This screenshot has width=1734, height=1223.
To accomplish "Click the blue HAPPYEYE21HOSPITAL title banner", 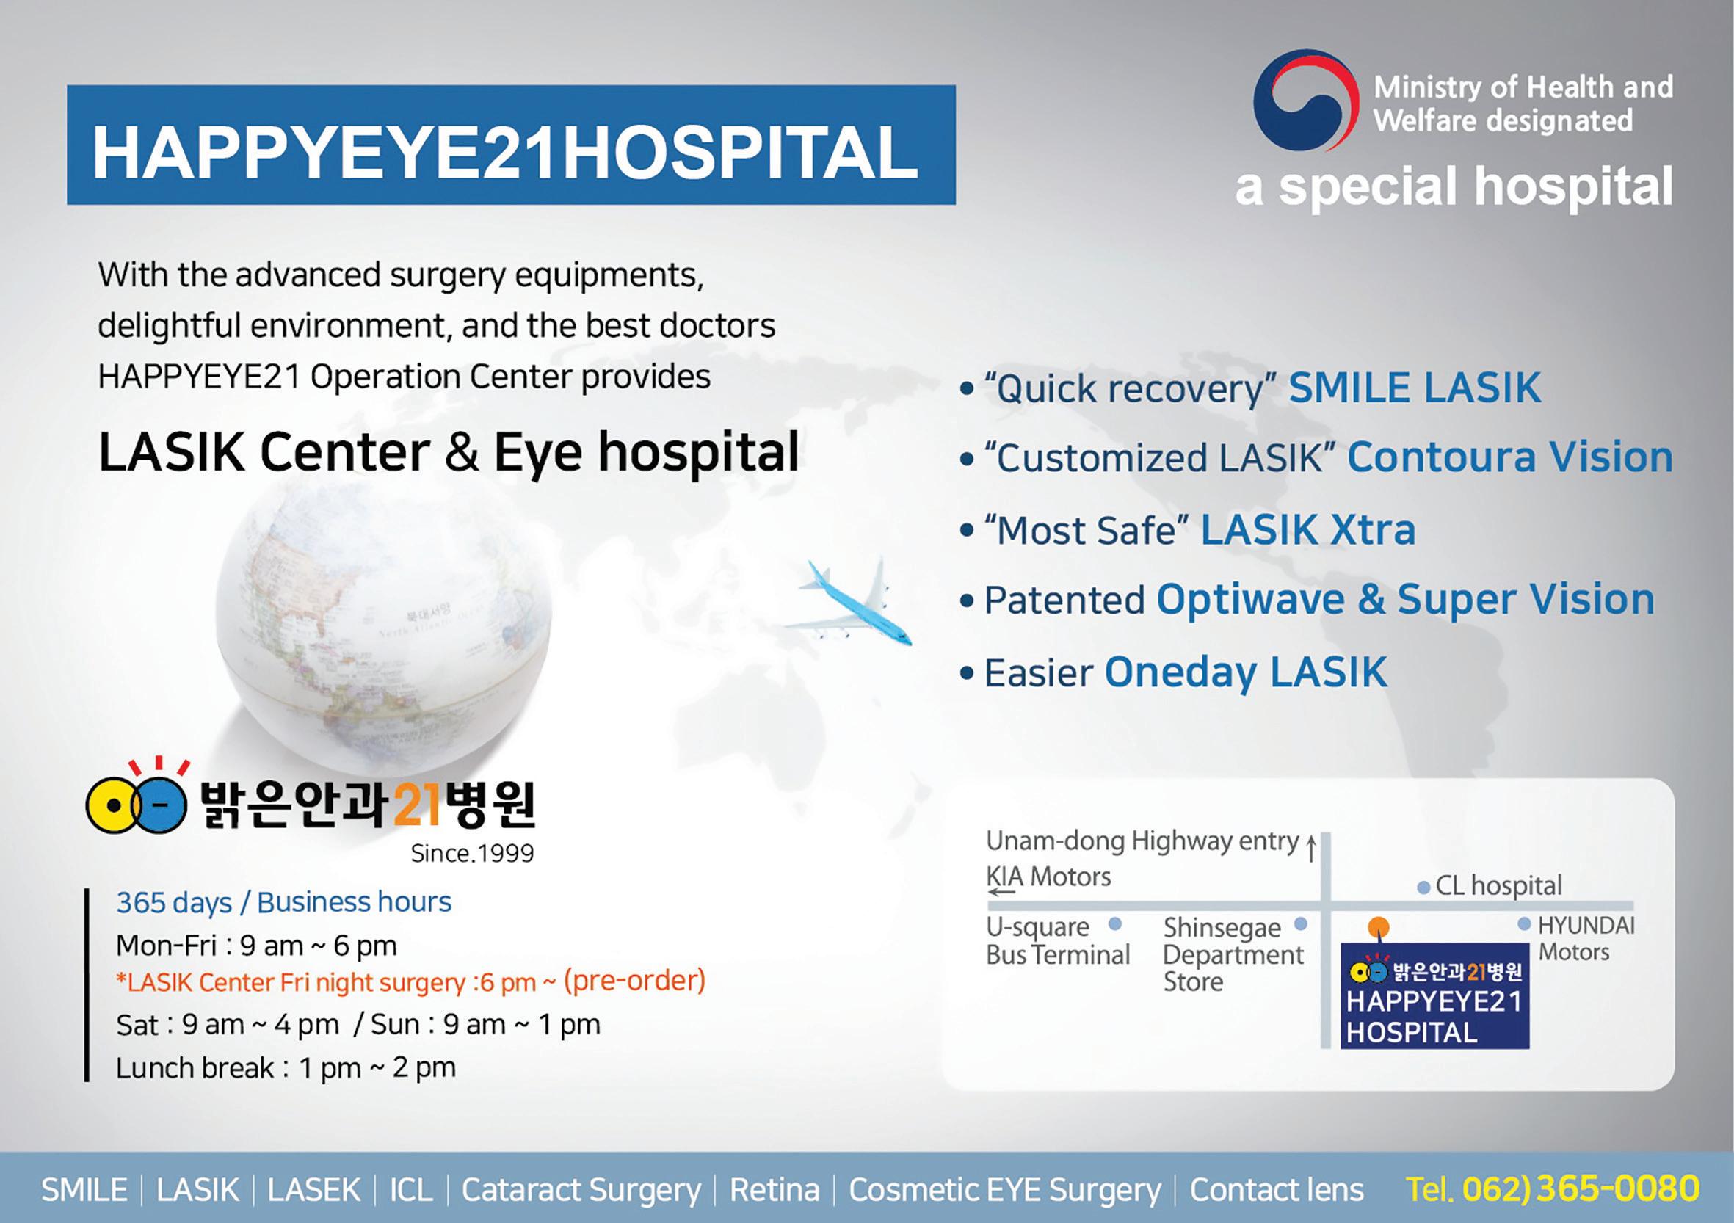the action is click(511, 145).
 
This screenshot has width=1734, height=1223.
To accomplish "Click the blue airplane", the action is click(847, 602).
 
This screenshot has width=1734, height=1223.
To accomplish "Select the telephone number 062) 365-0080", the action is click(1581, 1188).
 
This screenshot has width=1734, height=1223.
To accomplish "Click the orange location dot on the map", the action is click(1378, 927).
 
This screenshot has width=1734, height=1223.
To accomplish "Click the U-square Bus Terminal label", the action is click(1058, 940).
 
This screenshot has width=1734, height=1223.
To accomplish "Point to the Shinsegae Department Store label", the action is click(1233, 954).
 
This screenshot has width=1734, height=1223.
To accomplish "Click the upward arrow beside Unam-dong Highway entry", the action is click(1311, 849).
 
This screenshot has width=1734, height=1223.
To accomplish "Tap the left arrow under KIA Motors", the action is click(1001, 893).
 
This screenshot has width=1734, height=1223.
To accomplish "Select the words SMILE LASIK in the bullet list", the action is click(1415, 388).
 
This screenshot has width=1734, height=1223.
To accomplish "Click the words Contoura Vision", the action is click(1510, 457).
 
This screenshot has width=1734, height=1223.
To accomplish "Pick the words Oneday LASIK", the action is click(1246, 672).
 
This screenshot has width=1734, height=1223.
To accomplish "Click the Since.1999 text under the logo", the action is click(472, 854).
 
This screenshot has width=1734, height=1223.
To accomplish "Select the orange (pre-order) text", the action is click(634, 981).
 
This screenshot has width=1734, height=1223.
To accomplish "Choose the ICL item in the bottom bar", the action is click(411, 1190).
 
